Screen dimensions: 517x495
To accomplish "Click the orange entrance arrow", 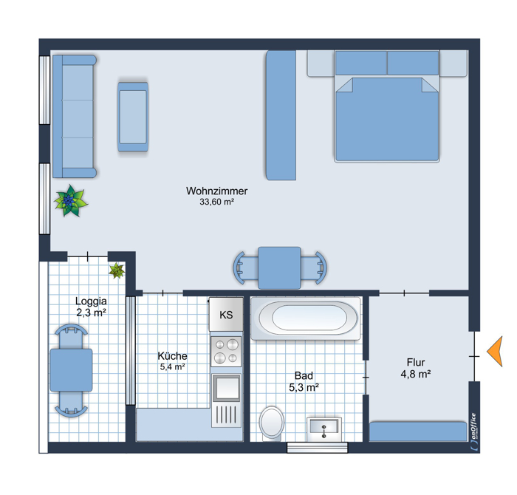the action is click(x=497, y=352).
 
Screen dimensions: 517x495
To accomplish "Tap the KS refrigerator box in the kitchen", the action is click(x=226, y=315).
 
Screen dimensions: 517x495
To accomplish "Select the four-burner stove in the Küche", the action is click(x=226, y=351).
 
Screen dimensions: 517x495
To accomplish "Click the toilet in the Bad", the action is click(x=272, y=423).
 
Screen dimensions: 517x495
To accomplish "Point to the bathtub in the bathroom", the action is click(x=306, y=318).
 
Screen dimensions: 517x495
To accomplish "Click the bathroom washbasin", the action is click(x=324, y=429).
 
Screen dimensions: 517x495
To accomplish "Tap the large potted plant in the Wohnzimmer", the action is click(x=71, y=201).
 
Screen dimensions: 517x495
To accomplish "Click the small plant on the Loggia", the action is click(x=117, y=270).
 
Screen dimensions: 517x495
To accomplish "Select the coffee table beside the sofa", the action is click(x=133, y=117).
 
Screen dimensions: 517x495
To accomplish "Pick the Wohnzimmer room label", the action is click(x=216, y=191).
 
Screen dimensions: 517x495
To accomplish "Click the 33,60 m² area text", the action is click(x=216, y=202).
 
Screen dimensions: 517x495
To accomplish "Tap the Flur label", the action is click(x=416, y=363).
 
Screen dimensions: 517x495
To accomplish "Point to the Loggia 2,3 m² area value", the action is click(x=92, y=313).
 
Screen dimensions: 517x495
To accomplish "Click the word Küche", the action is click(x=172, y=356).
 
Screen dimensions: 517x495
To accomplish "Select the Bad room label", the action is click(x=304, y=375).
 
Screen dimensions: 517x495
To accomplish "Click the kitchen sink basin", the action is click(x=227, y=387).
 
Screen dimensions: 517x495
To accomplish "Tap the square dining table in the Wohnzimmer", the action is click(x=280, y=268).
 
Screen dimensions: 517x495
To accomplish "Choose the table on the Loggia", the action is click(x=71, y=370).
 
